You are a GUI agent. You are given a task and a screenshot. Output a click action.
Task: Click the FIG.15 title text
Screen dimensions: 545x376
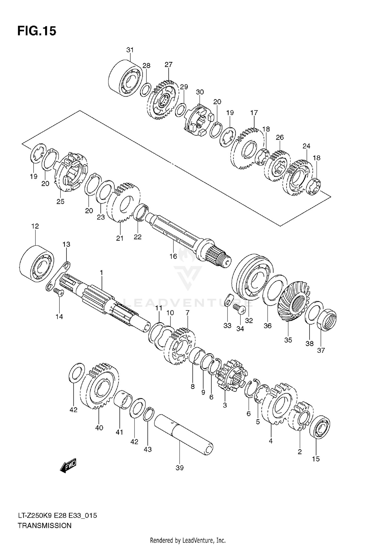pyautogui.click(x=37, y=31)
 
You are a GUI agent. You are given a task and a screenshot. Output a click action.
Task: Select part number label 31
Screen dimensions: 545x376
pyautogui.click(x=130, y=50)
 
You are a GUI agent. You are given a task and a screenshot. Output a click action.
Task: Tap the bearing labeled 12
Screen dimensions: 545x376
pyautogui.click(x=37, y=263)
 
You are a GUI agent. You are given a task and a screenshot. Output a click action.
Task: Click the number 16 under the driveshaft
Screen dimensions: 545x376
pyautogui.click(x=173, y=256)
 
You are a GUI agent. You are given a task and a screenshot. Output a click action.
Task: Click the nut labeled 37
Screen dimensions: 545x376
pyautogui.click(x=327, y=321)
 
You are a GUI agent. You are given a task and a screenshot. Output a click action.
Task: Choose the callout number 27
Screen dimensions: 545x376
pyautogui.click(x=168, y=65)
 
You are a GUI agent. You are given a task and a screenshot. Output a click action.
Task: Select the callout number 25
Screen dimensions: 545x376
pyautogui.click(x=60, y=201)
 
